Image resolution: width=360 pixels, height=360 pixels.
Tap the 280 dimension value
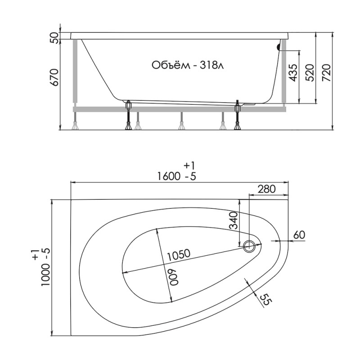[x=266, y=189]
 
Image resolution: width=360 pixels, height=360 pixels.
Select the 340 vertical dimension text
[x=234, y=221]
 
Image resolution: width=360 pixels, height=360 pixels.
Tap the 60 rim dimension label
[x=299, y=234]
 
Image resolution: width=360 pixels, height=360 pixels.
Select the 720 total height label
[x=326, y=73]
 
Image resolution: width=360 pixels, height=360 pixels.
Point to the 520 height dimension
[x=310, y=73]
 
